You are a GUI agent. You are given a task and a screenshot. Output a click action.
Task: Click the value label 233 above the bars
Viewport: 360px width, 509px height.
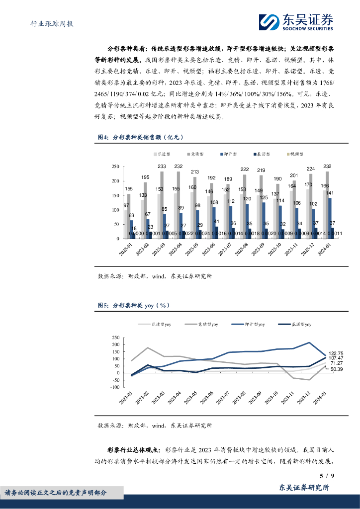tap(162, 167)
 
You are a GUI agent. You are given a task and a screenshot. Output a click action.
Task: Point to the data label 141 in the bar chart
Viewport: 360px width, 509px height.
tap(330, 193)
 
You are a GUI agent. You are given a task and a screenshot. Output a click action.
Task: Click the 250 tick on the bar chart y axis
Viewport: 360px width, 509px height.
tap(114, 167)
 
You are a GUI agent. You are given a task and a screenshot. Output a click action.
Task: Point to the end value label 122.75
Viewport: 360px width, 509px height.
tap(337, 353)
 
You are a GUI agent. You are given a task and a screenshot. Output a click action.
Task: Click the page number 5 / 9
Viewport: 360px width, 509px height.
tap(326, 476)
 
